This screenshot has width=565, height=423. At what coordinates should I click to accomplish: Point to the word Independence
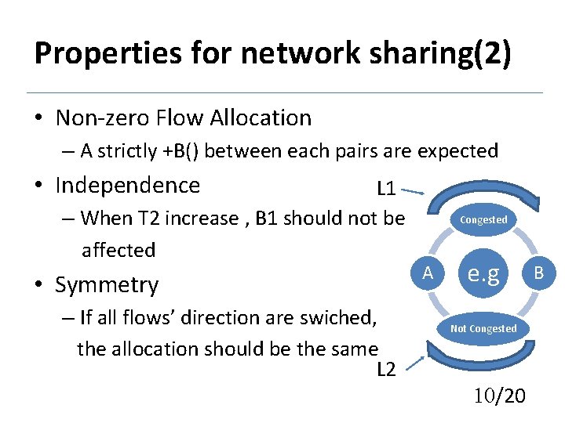click(128, 186)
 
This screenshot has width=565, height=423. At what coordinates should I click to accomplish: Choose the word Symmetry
click(107, 285)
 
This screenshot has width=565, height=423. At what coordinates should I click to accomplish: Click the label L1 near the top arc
click(386, 189)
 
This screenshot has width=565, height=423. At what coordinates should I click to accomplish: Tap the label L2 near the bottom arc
click(386, 370)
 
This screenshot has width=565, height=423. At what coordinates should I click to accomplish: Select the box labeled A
click(428, 273)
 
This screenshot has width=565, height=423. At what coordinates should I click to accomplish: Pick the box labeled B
click(539, 273)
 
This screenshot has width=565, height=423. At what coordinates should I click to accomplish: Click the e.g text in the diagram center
click(483, 273)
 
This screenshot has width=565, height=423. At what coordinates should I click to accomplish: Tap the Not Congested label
click(483, 329)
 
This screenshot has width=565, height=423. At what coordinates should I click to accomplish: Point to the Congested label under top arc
click(483, 220)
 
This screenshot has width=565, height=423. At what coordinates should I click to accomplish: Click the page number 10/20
click(500, 397)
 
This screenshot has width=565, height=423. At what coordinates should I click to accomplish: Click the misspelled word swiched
click(337, 318)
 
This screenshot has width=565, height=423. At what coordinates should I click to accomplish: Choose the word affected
click(119, 251)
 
